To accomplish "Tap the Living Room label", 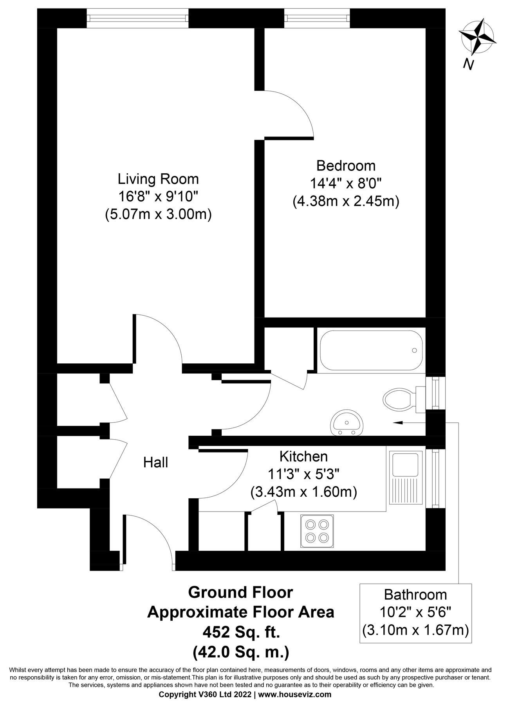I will tap(158, 179).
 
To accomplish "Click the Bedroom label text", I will tap(346, 165).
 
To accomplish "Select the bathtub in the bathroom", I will tap(371, 350).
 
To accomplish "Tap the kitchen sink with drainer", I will tap(406, 477).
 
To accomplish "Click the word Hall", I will tap(155, 462).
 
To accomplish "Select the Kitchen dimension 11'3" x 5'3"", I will tap(303, 474).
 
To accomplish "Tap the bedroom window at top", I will tap(317, 18).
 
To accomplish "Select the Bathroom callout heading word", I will tap(415, 594).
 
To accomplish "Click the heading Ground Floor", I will tap(240, 592).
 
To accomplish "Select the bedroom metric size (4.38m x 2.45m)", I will tap(346, 201).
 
